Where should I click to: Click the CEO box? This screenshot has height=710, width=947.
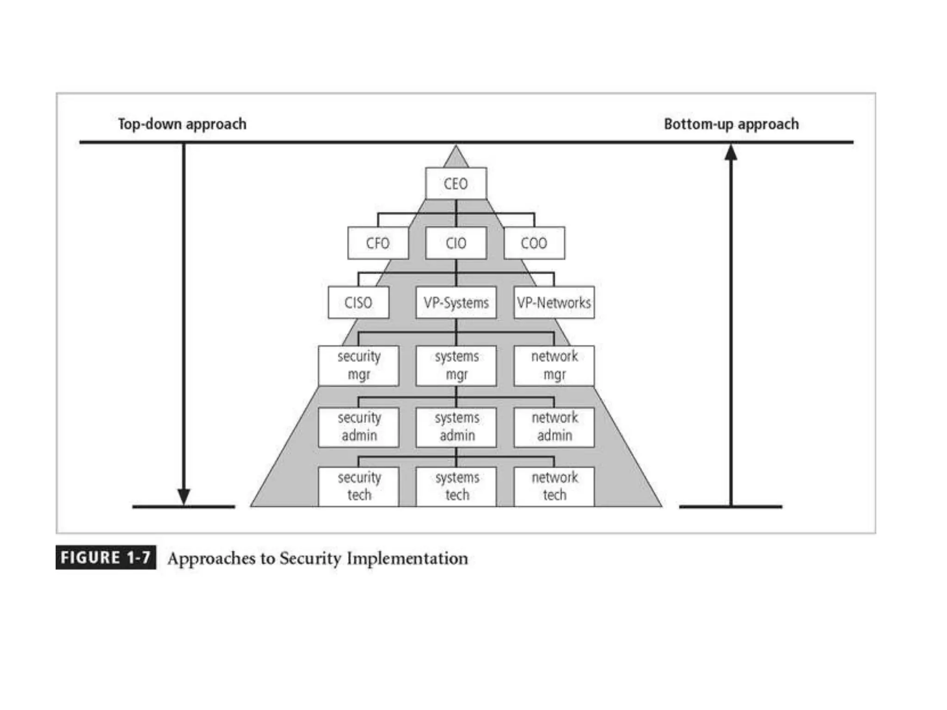(455, 184)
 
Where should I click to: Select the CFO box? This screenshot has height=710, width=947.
(378, 243)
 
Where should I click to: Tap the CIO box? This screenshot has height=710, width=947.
(455, 243)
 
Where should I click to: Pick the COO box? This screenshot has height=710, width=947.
(534, 243)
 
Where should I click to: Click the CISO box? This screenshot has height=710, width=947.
(358, 302)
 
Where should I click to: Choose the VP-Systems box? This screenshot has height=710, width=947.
(456, 302)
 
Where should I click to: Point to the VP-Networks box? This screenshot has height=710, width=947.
(554, 302)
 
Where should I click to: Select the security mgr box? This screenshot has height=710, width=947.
(359, 366)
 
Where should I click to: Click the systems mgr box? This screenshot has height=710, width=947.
(456, 366)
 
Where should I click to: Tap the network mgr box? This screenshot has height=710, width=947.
(554, 366)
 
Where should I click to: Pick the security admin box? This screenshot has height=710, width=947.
(359, 427)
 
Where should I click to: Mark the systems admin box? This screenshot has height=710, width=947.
(456, 427)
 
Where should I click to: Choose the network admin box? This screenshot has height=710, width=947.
(554, 427)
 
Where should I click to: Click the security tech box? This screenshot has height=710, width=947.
(359, 486)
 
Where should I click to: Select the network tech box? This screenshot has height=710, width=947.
(554, 486)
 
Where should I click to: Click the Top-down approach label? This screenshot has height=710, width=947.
(182, 124)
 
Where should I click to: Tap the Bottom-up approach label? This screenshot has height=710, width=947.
(731, 124)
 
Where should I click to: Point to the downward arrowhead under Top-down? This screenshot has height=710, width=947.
(184, 496)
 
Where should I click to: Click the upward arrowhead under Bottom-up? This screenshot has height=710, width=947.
(731, 153)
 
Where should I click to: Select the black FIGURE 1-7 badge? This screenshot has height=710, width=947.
(105, 557)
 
